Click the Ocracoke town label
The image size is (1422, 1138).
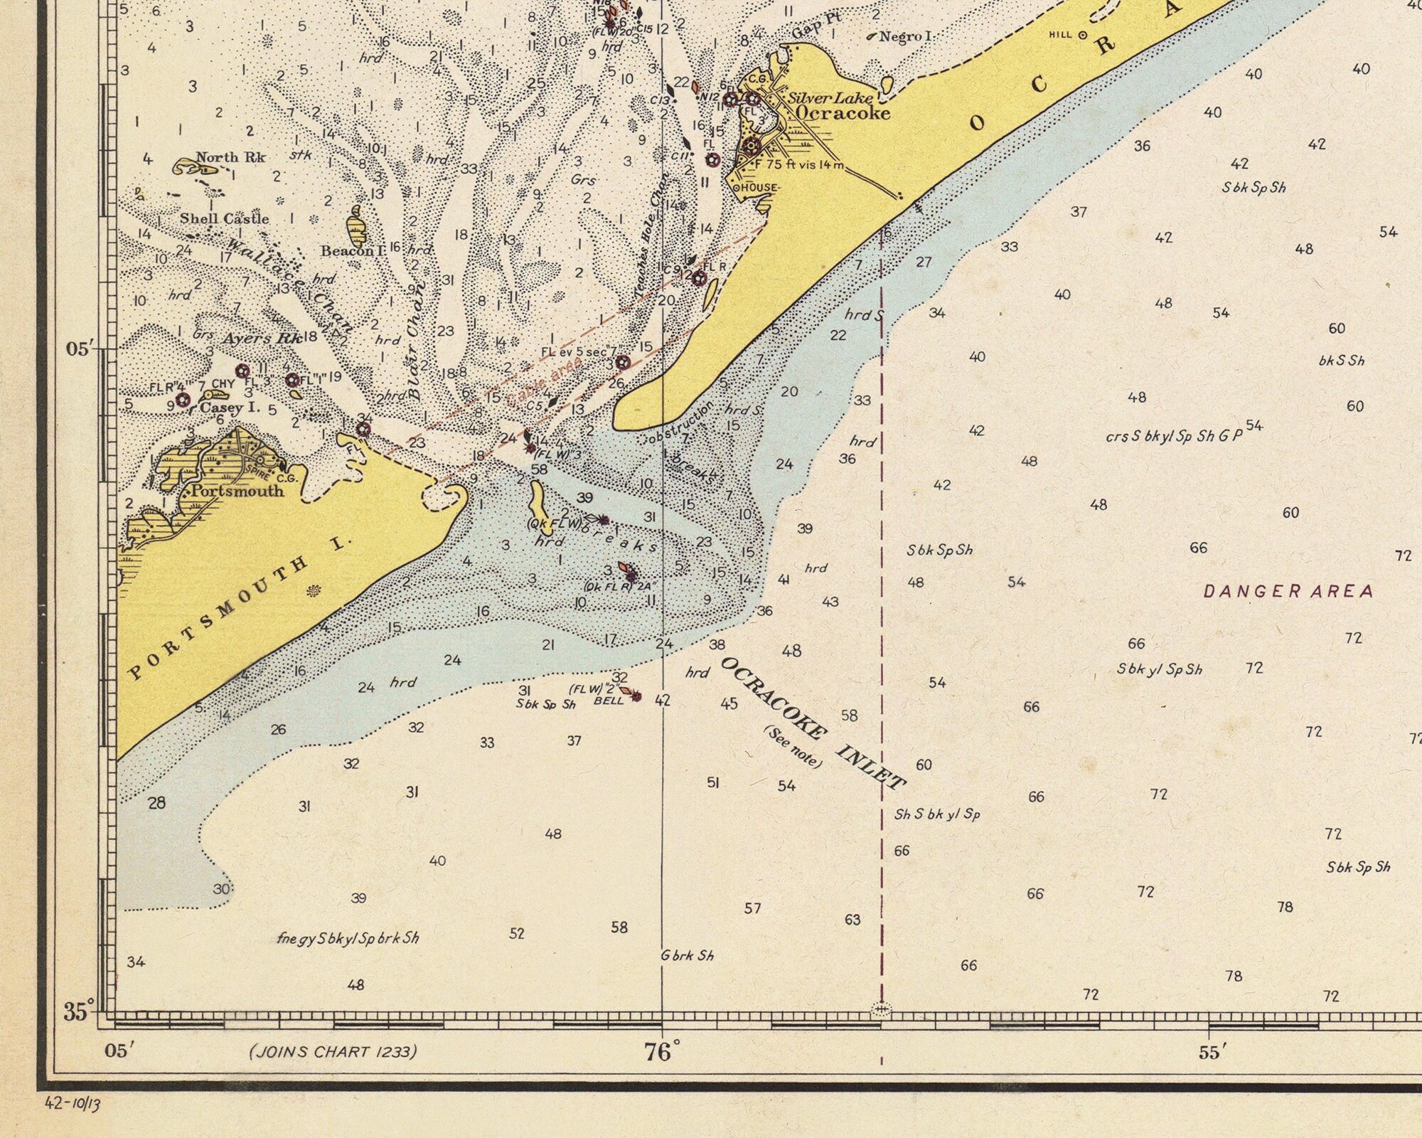point(843,113)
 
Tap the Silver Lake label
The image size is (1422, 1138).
point(829,98)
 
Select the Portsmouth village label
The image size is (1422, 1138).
point(237,491)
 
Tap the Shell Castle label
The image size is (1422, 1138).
point(224,218)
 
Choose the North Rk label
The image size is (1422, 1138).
point(230,157)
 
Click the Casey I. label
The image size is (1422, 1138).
point(230,408)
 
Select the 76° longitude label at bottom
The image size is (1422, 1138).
point(661,1051)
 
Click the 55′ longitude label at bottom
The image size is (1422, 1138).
point(1209,1053)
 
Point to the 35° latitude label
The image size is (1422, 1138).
point(78,1011)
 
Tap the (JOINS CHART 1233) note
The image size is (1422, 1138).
point(333,1051)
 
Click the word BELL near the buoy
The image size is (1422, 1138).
point(609,701)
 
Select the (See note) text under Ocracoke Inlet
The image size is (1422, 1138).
point(793,747)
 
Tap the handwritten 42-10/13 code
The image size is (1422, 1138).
point(73,1103)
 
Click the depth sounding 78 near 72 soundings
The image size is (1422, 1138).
point(1285,907)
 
